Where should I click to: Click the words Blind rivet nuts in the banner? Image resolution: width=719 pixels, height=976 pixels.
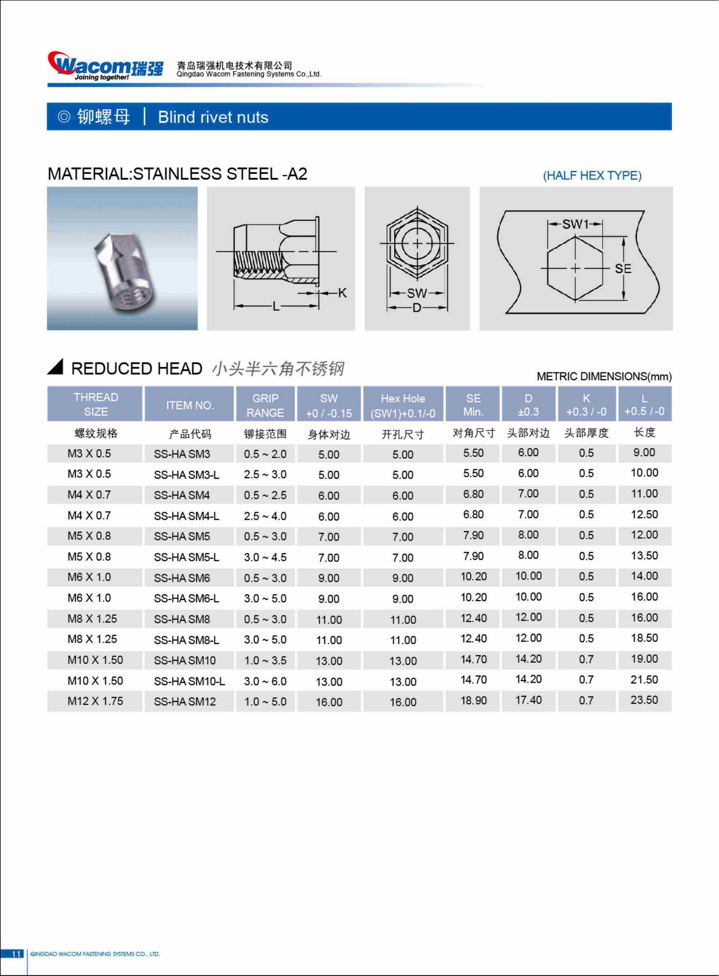(x=213, y=117)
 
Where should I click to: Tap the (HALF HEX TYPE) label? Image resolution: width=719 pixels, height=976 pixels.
(x=592, y=176)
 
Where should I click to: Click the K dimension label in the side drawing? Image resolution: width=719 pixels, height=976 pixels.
(x=342, y=293)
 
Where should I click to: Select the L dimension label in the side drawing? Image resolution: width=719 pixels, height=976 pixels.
(x=276, y=307)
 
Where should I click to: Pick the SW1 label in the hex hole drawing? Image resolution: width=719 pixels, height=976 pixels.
(x=575, y=224)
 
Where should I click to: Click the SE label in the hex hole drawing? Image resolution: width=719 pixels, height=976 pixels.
(x=622, y=269)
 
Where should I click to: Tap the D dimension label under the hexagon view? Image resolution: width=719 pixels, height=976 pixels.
(x=417, y=308)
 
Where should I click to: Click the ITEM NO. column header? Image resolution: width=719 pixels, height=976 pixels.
(x=190, y=405)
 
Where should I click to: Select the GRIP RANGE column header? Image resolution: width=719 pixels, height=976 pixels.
(x=265, y=405)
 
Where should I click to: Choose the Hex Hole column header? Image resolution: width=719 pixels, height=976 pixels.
(x=403, y=405)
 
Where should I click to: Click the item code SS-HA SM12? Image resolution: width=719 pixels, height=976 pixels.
(x=185, y=702)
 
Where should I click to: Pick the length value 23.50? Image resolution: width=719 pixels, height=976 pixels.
(x=644, y=700)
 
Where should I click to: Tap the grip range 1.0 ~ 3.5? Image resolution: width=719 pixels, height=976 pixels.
(x=265, y=661)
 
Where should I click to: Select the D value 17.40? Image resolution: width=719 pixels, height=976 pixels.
(x=528, y=700)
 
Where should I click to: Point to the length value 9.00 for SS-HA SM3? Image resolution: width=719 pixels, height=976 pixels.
(x=644, y=453)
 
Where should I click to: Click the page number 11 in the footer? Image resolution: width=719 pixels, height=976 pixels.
(x=16, y=954)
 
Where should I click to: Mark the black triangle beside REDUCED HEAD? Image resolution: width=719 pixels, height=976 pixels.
(x=55, y=366)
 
